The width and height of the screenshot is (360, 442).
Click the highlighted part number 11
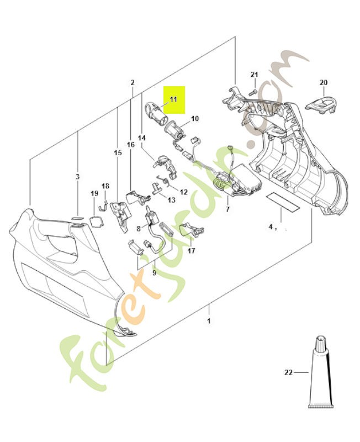pyautogui.click(x=173, y=99)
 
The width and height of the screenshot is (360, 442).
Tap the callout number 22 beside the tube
pyautogui.click(x=288, y=372)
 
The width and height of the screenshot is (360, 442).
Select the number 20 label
pyautogui.click(x=324, y=82)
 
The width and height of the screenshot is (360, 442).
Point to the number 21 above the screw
pyautogui.click(x=255, y=75)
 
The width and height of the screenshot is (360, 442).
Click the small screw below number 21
pyautogui.click(x=253, y=92)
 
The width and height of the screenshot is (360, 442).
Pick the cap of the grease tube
pyautogui.click(x=321, y=343)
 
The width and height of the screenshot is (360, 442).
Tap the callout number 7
pyautogui.click(x=227, y=209)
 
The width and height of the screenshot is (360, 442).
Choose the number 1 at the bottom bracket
pyautogui.click(x=209, y=321)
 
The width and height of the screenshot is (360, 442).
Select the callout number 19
pyautogui.click(x=94, y=193)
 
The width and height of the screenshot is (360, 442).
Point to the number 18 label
pyautogui.click(x=105, y=186)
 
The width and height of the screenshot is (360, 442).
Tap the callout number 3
pyautogui.click(x=77, y=177)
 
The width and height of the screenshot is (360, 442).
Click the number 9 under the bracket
pyautogui.click(x=154, y=273)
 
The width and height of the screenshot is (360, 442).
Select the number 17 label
pyautogui.click(x=192, y=251)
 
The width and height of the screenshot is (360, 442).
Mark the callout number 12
pyautogui.click(x=184, y=192)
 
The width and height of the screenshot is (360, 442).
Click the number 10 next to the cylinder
pyautogui.click(x=195, y=118)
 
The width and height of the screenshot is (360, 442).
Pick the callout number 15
pyautogui.click(x=118, y=153)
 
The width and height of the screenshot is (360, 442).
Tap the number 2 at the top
pyautogui.click(x=133, y=82)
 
